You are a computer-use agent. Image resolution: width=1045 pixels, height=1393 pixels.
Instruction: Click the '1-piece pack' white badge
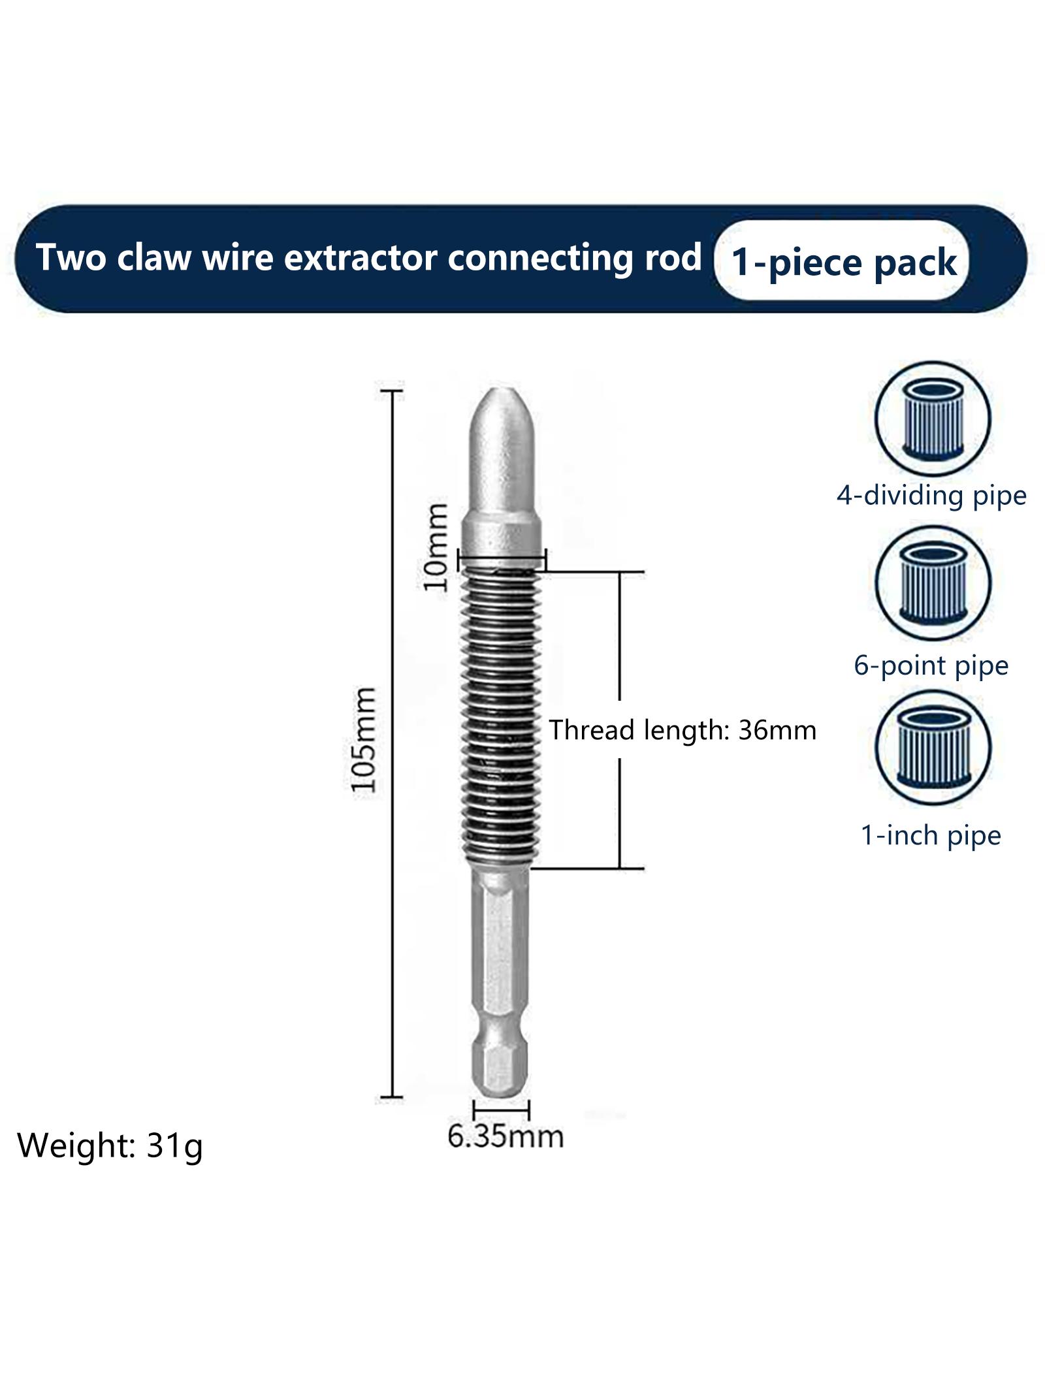pyautogui.click(x=842, y=261)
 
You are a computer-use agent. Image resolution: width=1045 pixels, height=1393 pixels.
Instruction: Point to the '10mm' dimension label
pyautogui.click(x=436, y=547)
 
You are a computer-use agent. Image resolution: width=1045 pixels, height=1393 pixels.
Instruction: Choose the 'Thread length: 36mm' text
pyautogui.click(x=683, y=729)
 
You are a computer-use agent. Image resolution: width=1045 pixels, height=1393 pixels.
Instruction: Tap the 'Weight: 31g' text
pyautogui.click(x=110, y=1146)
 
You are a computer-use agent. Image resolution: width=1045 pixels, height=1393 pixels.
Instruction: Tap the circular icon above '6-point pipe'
pyautogui.click(x=933, y=584)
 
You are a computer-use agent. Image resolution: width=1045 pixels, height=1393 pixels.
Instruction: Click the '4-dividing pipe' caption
pyautogui.click(x=931, y=496)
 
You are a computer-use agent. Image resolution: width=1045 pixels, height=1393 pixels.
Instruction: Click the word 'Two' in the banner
pyautogui.click(x=71, y=257)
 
